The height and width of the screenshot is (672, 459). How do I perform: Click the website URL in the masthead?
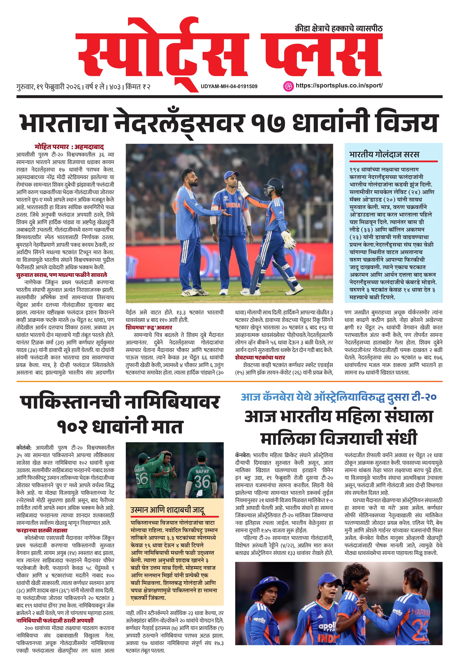pyautogui.click(x=339, y=86)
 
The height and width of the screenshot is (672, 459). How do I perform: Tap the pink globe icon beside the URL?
pyautogui.click(x=288, y=86)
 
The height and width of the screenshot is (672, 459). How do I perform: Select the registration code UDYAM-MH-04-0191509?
pyautogui.click(x=229, y=86)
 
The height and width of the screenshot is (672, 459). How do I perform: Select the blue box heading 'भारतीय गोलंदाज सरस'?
pyautogui.click(x=384, y=154)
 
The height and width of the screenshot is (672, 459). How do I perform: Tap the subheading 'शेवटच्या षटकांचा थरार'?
pyautogui.click(x=260, y=357)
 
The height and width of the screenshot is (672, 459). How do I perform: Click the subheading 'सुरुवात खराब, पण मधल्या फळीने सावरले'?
pyautogui.click(x=61, y=275)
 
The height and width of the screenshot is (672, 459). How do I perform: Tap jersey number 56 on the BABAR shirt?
pyautogui.click(x=142, y=478)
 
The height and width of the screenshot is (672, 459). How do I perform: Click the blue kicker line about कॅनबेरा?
pyautogui.click(x=338, y=397)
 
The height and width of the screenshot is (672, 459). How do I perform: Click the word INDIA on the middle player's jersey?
pyautogui.click(x=233, y=205)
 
